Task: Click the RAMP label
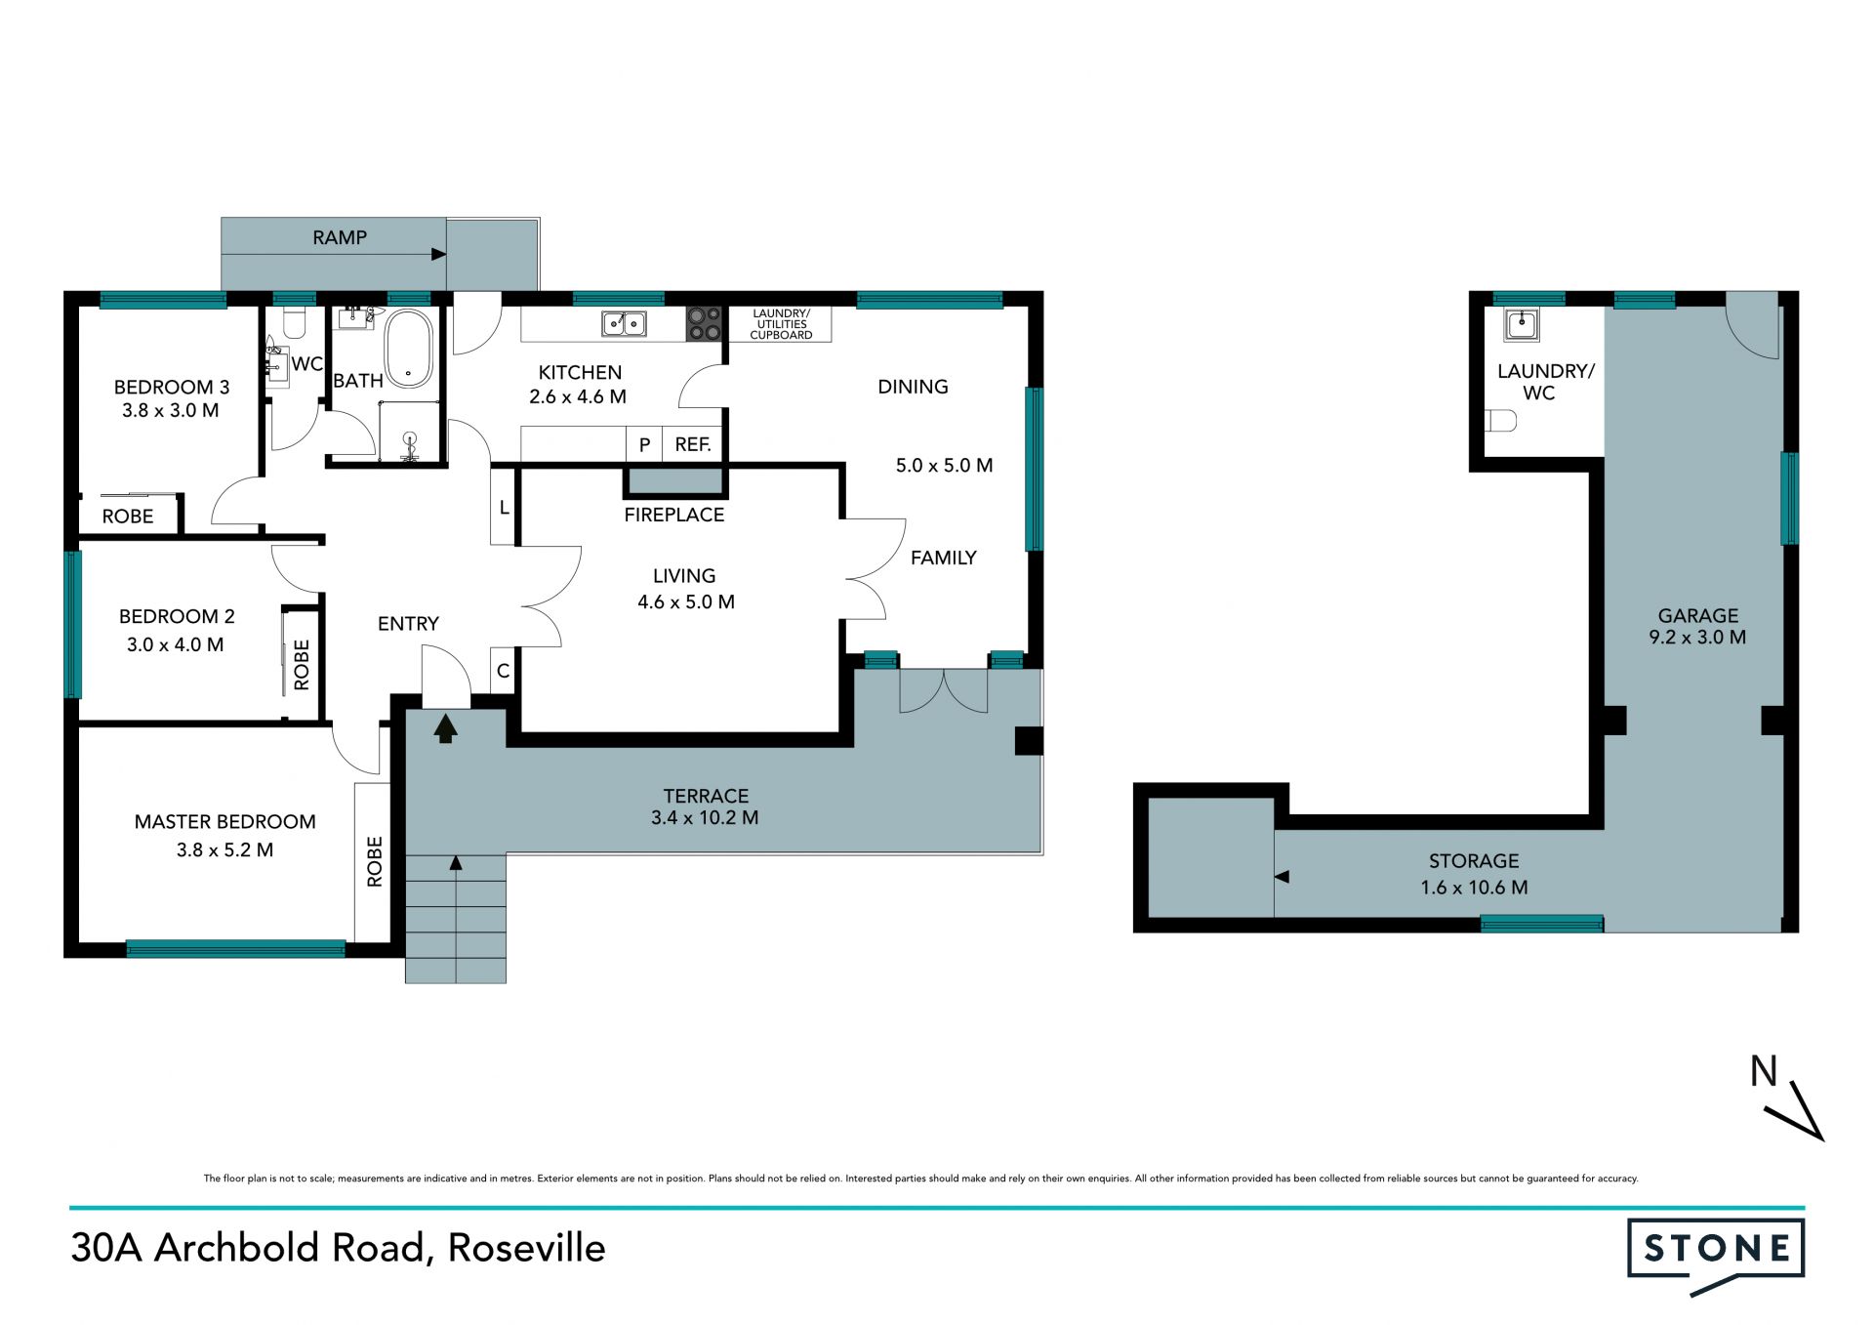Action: point(340,237)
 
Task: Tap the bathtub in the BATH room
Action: point(409,350)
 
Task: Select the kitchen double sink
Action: point(624,322)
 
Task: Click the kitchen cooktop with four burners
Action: point(704,323)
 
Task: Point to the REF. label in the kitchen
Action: point(693,444)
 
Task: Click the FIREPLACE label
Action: point(674,515)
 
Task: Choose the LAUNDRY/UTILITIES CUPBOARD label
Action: point(781,324)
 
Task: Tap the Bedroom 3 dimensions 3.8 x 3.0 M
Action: point(171,411)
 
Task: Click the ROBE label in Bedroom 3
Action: point(128,517)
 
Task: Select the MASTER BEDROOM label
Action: point(225,822)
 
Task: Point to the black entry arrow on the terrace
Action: point(446,728)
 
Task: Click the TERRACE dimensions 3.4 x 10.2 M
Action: point(705,818)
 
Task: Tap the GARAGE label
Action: point(1698,615)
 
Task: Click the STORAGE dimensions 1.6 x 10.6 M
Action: point(1474,888)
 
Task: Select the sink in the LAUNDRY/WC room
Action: point(1522,325)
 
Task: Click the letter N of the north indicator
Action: point(1763,1072)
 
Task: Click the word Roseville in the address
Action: point(527,1248)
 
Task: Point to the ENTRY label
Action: point(408,624)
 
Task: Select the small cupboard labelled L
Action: point(504,508)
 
